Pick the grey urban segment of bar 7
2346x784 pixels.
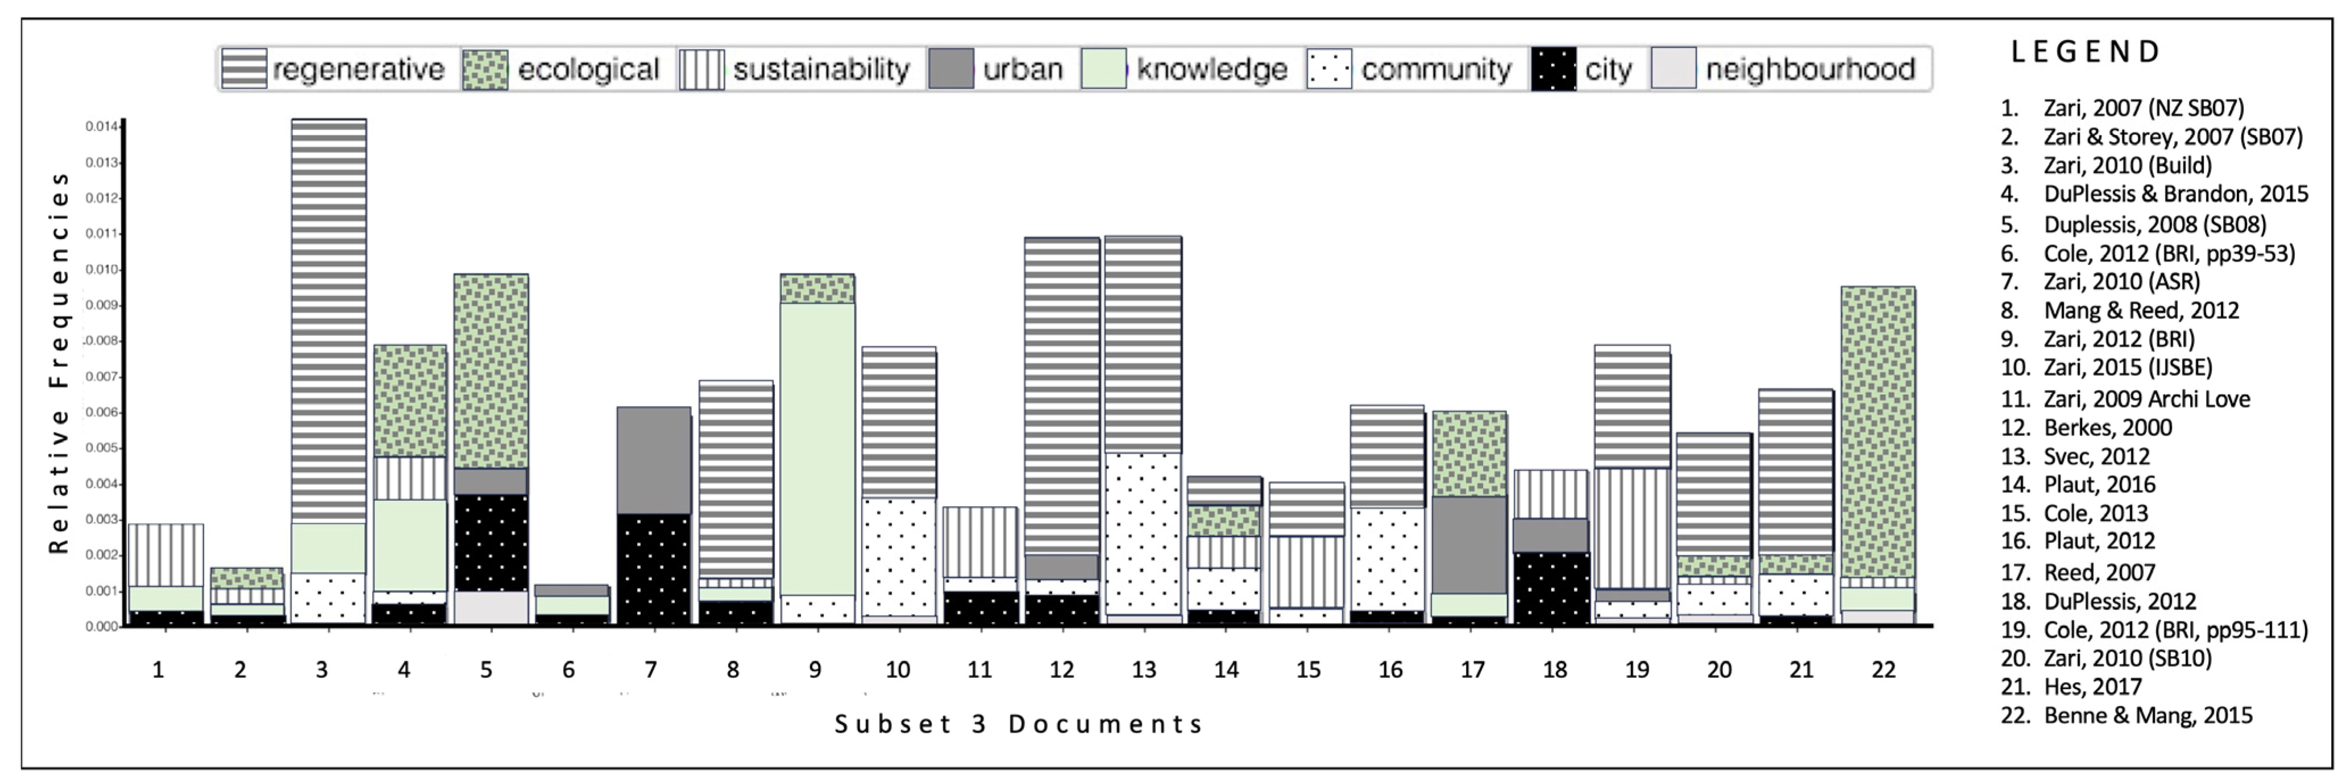click(653, 460)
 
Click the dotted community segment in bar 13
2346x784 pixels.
click(1143, 533)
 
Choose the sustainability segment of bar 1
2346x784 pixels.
click(166, 554)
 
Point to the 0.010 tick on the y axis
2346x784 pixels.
click(102, 269)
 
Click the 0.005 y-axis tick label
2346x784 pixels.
click(102, 448)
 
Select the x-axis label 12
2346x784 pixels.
click(1061, 670)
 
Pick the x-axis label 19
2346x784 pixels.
click(1637, 670)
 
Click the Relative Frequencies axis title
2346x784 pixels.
click(59, 362)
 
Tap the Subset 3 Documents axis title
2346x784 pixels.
click(1019, 724)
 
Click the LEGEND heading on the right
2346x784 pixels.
click(2085, 52)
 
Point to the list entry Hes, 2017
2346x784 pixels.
click(2092, 687)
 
